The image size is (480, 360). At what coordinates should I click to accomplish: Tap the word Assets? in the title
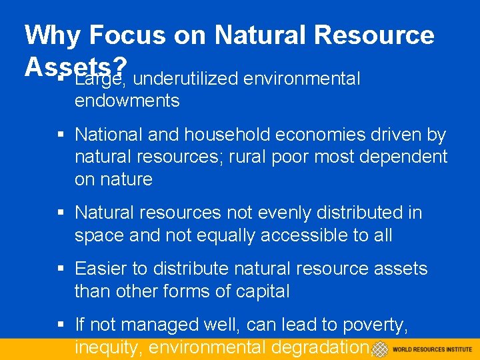(75, 65)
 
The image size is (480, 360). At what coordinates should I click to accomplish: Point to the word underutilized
(185, 79)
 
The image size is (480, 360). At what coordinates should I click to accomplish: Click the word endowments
(127, 101)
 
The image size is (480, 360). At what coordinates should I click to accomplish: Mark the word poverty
(376, 325)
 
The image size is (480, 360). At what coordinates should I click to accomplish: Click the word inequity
(108, 347)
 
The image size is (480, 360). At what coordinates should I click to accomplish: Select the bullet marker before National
(60, 135)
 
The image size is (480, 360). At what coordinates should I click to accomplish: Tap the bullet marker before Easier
(60, 269)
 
